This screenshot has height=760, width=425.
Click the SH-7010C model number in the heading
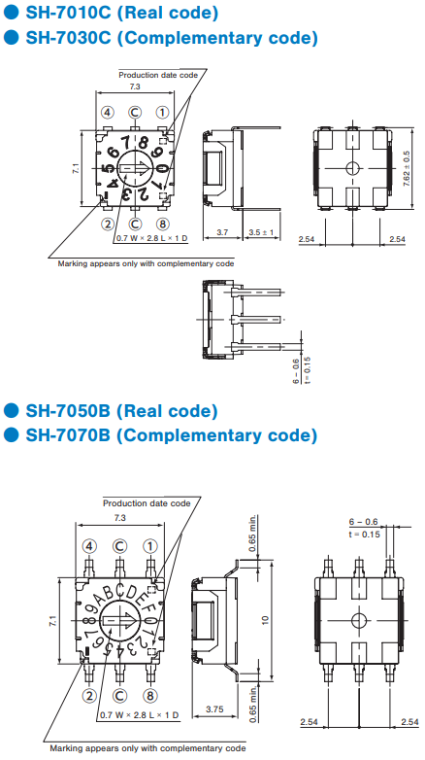71,13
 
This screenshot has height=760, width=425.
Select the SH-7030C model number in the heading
71,37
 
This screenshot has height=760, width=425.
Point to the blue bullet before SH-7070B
11,434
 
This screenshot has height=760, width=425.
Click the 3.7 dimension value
222,232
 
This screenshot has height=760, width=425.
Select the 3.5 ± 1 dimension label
261,232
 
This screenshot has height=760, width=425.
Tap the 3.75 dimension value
214,708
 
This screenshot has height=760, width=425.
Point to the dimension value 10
265,619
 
